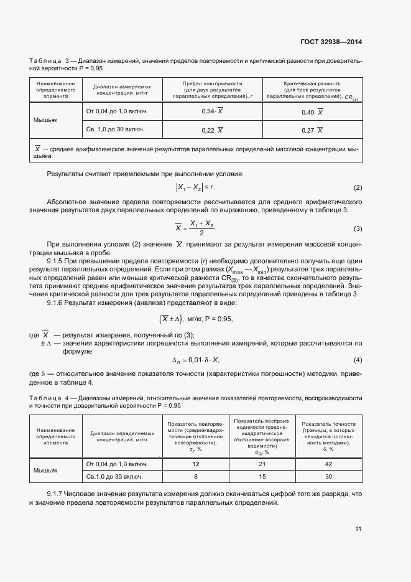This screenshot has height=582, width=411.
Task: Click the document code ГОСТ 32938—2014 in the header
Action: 331,42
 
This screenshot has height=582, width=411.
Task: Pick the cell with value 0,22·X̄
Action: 213,129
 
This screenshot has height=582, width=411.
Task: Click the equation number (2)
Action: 358,188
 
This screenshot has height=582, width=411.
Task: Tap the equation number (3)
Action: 358,228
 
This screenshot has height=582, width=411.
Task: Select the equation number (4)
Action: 358,360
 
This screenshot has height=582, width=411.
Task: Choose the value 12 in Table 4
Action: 196,464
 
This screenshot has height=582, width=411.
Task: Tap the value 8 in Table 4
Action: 196,476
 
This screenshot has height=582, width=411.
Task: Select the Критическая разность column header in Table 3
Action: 313,90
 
